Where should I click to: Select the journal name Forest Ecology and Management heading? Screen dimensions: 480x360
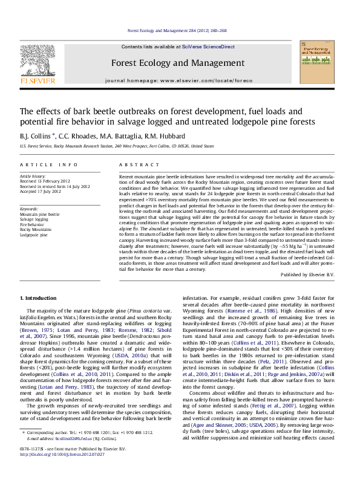(x=178, y=63)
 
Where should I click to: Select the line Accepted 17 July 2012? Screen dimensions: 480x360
(x=41, y=191)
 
